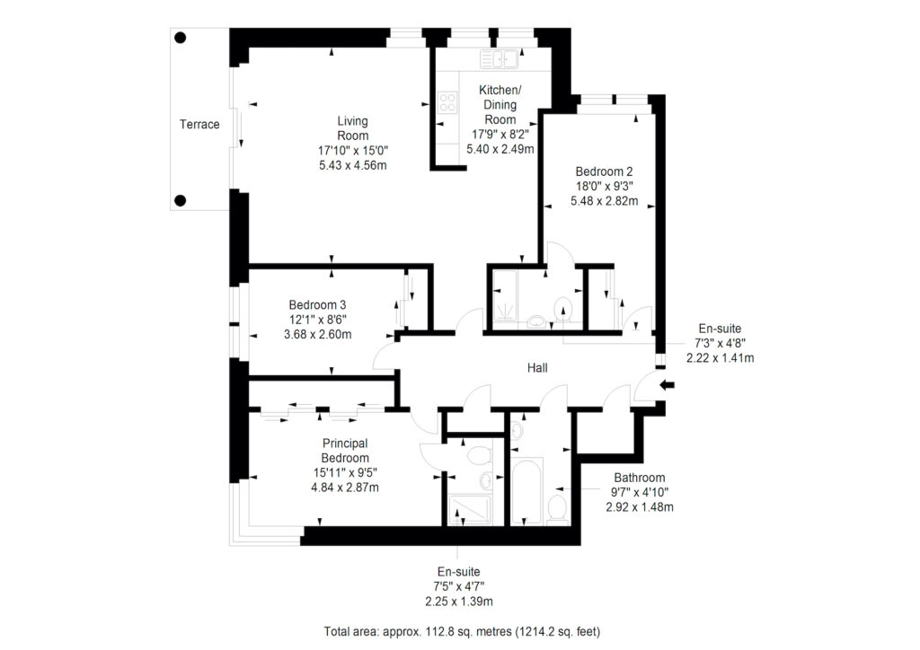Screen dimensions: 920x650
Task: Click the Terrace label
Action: click(199, 124)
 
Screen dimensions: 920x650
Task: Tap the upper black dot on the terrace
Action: click(181, 38)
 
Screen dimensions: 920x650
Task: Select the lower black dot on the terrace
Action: click(181, 200)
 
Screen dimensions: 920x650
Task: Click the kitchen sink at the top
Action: click(500, 59)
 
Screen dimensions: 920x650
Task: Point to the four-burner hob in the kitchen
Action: click(447, 102)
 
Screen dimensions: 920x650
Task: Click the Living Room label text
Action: click(352, 128)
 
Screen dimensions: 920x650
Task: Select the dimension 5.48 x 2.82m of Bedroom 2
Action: click(605, 201)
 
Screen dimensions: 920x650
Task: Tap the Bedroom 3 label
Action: click(317, 304)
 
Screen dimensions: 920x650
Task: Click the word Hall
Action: click(537, 368)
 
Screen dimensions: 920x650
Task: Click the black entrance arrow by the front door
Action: click(668, 385)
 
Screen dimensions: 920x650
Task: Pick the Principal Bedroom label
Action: click(345, 451)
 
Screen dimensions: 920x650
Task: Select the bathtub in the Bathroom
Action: click(527, 492)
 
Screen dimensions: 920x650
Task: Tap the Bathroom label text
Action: click(640, 478)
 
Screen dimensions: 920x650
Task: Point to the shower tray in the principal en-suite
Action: click(469, 509)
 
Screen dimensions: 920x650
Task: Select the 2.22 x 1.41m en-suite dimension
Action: click(721, 357)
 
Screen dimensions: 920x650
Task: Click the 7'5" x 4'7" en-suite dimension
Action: click(459, 586)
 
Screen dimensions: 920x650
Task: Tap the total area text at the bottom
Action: click(463, 632)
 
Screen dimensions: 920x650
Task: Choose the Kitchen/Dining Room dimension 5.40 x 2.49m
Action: click(500, 149)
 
